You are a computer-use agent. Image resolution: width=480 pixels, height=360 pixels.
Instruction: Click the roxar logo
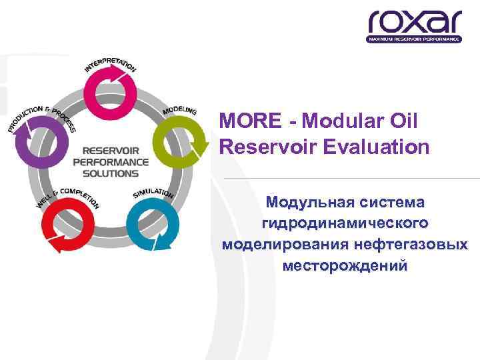(414, 22)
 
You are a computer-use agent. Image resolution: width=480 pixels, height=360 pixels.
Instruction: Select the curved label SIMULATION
(153, 193)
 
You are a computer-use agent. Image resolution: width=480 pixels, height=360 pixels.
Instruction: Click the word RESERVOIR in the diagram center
(111, 151)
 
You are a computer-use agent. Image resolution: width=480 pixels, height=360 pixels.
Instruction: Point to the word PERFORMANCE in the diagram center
(111, 162)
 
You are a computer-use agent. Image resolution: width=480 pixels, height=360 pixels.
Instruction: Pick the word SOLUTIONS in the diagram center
(111, 173)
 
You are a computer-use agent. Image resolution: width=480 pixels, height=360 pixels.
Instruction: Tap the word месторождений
(345, 265)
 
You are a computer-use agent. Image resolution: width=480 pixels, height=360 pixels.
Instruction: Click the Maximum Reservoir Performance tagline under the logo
(414, 39)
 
